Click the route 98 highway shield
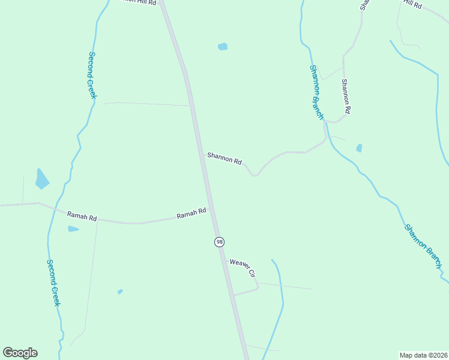tap(219, 241)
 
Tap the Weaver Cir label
tap(243, 268)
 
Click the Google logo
tap(20, 353)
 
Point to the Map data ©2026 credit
tap(423, 355)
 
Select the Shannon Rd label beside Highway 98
tap(224, 158)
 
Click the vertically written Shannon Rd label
tap(346, 97)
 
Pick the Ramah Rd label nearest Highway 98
tap(191, 213)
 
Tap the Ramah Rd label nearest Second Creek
tap(82, 217)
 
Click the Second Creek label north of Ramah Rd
tap(92, 75)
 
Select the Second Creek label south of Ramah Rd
tap(53, 283)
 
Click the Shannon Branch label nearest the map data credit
tap(423, 245)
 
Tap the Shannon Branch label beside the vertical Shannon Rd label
tap(317, 92)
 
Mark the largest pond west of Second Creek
tap(41, 179)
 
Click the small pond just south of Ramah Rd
tap(73, 229)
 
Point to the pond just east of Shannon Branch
tap(359, 148)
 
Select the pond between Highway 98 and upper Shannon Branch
tap(223, 46)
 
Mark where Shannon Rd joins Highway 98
tap(202, 154)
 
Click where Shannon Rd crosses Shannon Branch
tap(327, 139)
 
